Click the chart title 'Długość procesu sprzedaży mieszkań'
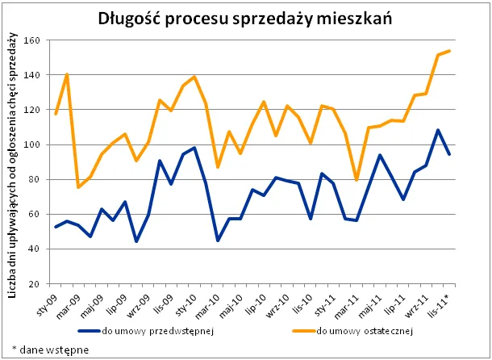coord(245,18)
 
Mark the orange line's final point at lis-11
coord(449,51)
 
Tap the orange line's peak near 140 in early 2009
coord(66,74)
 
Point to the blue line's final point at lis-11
coord(449,154)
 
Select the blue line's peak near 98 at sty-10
coord(194,148)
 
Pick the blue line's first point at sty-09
coord(55,227)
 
